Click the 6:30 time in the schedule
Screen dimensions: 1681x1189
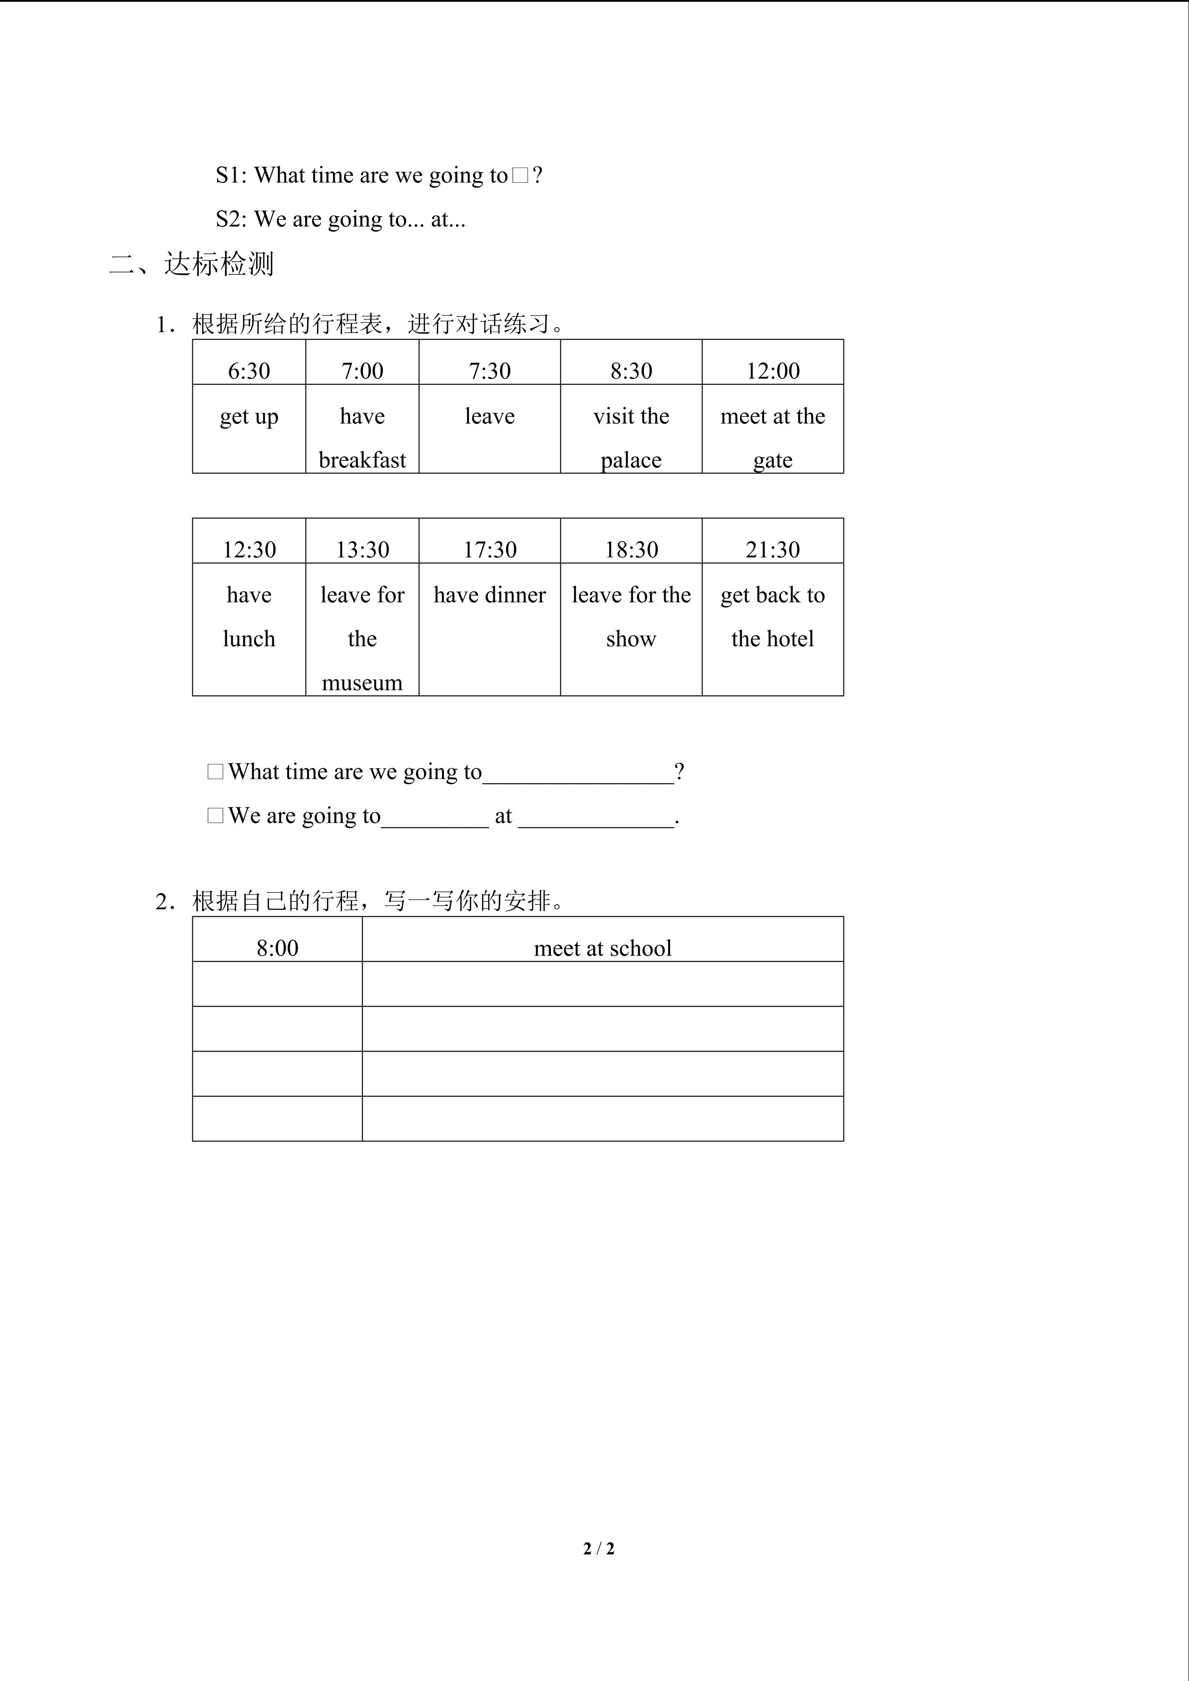pos(249,371)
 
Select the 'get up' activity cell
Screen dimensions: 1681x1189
pos(249,416)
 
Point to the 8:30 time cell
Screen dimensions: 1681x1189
pos(631,371)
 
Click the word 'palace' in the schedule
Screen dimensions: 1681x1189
pos(631,460)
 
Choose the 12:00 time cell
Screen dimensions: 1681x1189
pos(773,371)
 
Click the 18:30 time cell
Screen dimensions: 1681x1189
pos(631,550)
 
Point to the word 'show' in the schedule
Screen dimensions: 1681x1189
pos(631,639)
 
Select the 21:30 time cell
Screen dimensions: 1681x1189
pos(773,550)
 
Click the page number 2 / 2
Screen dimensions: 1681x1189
pos(599,1549)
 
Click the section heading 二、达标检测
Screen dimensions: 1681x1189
pos(192,264)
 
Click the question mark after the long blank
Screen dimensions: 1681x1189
pos(680,772)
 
